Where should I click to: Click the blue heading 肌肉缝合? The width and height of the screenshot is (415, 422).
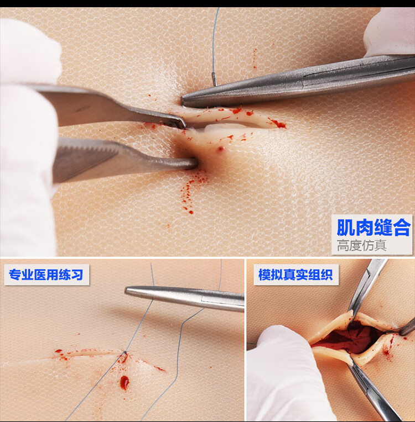coord(373,228)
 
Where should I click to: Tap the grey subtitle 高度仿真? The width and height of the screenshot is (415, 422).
coord(362,245)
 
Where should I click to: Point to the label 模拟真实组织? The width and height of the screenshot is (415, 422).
coord(296,275)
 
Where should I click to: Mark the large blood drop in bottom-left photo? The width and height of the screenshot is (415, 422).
coord(124,382)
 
